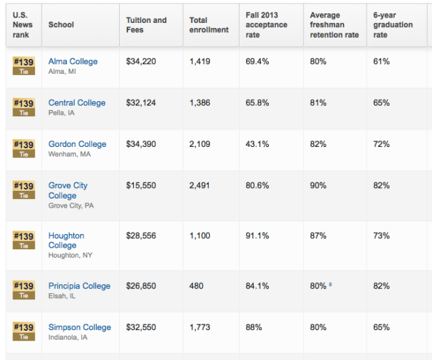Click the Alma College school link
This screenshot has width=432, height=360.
[x=72, y=61]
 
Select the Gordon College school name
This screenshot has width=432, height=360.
[x=77, y=144]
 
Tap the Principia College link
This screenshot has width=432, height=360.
[x=79, y=285]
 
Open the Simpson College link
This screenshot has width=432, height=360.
[x=79, y=327]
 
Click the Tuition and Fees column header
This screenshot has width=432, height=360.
[x=146, y=25]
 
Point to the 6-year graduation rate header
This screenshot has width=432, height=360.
[x=392, y=25]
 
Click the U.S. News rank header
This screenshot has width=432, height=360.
[x=21, y=25]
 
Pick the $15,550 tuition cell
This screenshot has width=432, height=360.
[x=141, y=185]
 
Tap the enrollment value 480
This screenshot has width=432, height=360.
[x=196, y=285]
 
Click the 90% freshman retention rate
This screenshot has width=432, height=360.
[x=318, y=185]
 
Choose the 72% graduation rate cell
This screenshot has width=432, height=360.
[x=381, y=144]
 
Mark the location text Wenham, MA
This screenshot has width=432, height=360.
[x=69, y=154]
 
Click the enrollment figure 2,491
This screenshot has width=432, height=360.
[x=201, y=185]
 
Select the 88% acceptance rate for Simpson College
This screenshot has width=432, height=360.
[x=254, y=327]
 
